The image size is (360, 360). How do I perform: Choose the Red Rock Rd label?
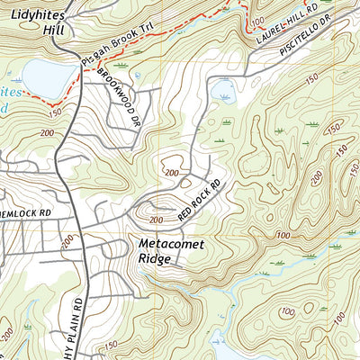[199, 202]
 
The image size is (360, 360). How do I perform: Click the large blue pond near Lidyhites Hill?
[43, 78]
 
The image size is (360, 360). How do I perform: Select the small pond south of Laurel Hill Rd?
[224, 90]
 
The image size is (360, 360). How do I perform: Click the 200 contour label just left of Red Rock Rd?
[155, 220]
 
